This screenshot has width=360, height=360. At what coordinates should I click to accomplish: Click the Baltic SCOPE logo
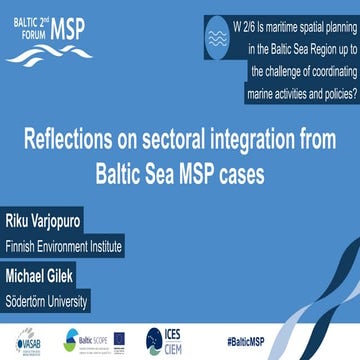click(x=81, y=340)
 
